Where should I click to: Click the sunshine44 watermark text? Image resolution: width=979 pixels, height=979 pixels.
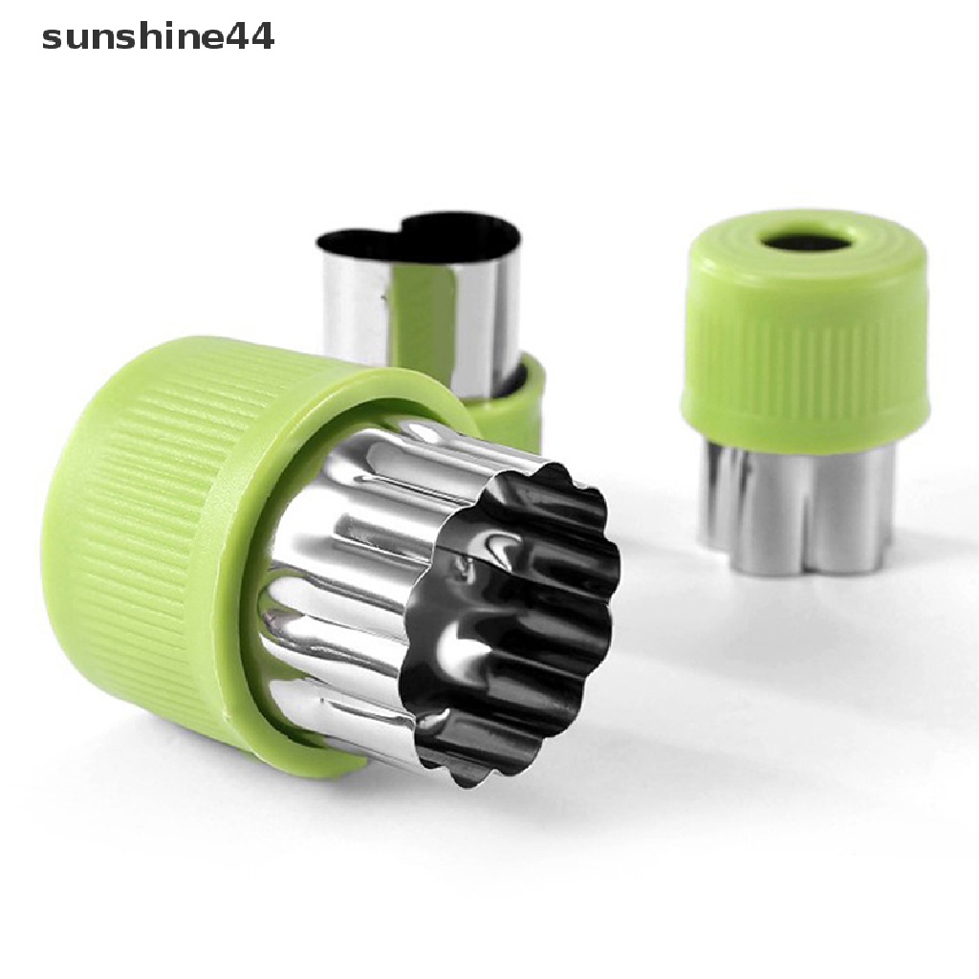pyautogui.click(x=158, y=37)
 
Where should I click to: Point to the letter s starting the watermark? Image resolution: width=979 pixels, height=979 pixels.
pyautogui.click(x=52, y=40)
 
